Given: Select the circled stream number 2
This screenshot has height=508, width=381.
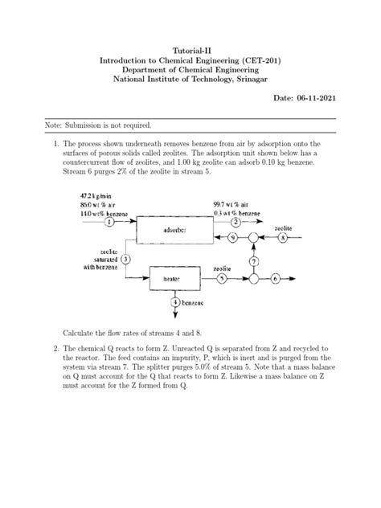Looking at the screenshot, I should pyautogui.click(x=236, y=221).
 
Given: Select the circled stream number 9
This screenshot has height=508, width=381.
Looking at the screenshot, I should pyautogui.click(x=232, y=239).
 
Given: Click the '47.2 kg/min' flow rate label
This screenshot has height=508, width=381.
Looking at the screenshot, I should pyautogui.click(x=100, y=195).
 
